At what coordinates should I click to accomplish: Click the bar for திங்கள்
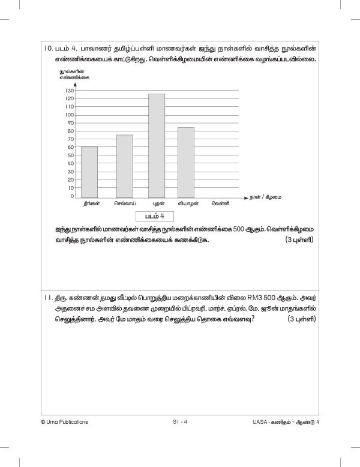tap(89, 172)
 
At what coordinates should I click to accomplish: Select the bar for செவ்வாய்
tap(124, 166)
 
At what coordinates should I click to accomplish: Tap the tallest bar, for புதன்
tap(157, 146)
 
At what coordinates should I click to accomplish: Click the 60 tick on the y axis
tap(70, 147)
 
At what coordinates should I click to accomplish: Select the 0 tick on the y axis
tap(72, 196)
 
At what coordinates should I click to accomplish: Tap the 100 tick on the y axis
tap(69, 115)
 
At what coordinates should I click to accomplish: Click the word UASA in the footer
tap(263, 421)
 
